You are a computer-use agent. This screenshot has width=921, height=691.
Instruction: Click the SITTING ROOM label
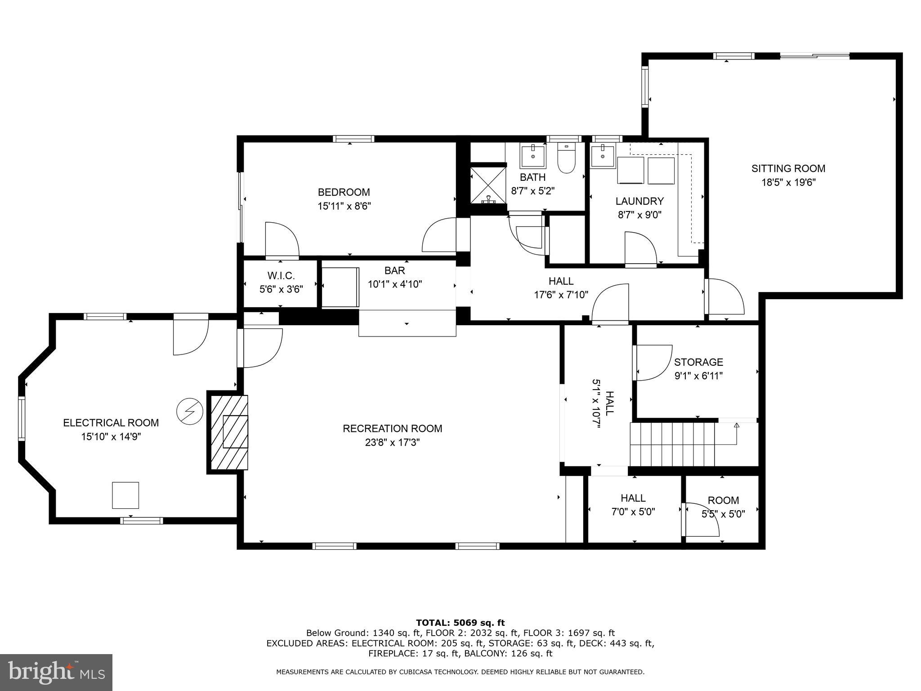(788, 169)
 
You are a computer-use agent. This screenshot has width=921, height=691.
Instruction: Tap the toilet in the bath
(566, 159)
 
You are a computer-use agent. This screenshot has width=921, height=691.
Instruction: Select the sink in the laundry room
(603, 157)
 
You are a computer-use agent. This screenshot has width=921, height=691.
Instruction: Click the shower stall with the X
(488, 185)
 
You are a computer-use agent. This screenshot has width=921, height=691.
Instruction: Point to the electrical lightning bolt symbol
(190, 411)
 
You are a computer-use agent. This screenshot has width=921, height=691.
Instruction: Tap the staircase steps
(672, 444)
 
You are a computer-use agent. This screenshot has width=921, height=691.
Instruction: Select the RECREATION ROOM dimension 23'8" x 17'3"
(392, 443)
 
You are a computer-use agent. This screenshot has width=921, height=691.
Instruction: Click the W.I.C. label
(281, 275)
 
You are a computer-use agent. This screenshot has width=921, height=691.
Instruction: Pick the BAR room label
(394, 270)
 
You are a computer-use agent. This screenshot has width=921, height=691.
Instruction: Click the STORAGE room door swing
(652, 362)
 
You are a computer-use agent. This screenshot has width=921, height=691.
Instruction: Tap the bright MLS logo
(56, 673)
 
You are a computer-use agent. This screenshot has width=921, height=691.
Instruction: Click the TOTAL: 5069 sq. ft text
(460, 623)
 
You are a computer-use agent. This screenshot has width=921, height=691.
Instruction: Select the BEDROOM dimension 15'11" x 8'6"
(344, 206)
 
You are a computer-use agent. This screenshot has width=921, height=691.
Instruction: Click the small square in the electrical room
(125, 495)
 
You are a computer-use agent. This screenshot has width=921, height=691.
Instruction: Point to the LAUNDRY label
(639, 201)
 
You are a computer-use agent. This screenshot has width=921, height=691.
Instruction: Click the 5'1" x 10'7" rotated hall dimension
(596, 404)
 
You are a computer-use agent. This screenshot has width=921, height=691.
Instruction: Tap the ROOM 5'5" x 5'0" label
(723, 507)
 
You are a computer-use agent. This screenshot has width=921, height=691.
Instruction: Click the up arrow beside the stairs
(737, 426)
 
